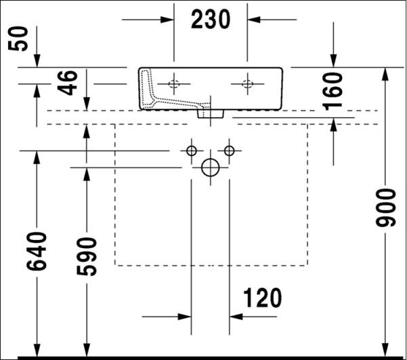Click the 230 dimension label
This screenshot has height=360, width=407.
(x=211, y=19)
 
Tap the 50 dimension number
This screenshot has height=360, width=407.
(x=18, y=39)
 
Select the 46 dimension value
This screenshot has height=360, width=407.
(x=67, y=83)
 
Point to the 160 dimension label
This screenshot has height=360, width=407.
(x=333, y=92)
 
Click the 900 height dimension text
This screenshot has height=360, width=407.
(x=386, y=208)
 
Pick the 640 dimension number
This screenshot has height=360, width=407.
(x=37, y=251)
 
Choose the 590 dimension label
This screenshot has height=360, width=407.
(x=87, y=256)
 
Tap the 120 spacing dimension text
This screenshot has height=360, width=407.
(x=262, y=298)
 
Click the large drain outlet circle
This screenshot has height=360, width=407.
(x=211, y=167)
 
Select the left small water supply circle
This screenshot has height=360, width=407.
(x=192, y=151)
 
